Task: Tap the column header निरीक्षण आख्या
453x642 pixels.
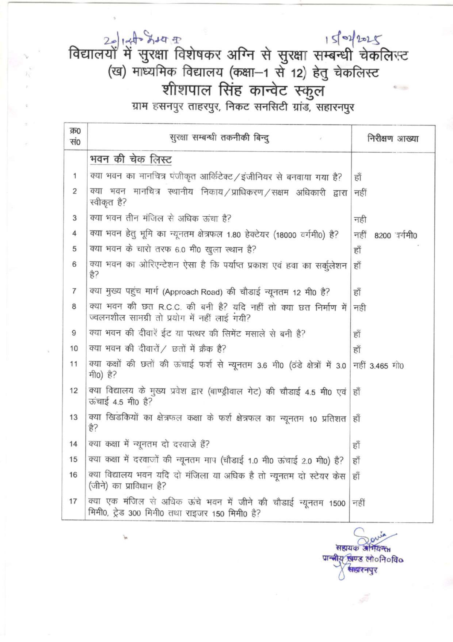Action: click(393, 139)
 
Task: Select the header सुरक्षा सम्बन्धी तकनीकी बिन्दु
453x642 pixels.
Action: click(219, 138)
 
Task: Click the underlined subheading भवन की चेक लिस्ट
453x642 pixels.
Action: click(131, 160)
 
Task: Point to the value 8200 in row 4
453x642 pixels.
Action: click(382, 236)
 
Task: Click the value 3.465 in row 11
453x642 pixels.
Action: click(379, 366)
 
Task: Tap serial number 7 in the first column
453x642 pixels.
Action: click(74, 291)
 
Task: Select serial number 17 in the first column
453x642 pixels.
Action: click(74, 501)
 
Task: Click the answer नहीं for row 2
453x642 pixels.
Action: click(360, 192)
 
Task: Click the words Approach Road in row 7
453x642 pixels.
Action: click(193, 292)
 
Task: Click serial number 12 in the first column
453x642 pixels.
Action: click(74, 391)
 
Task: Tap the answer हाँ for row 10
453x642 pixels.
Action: click(357, 350)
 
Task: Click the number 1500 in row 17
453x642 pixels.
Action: click(337, 503)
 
